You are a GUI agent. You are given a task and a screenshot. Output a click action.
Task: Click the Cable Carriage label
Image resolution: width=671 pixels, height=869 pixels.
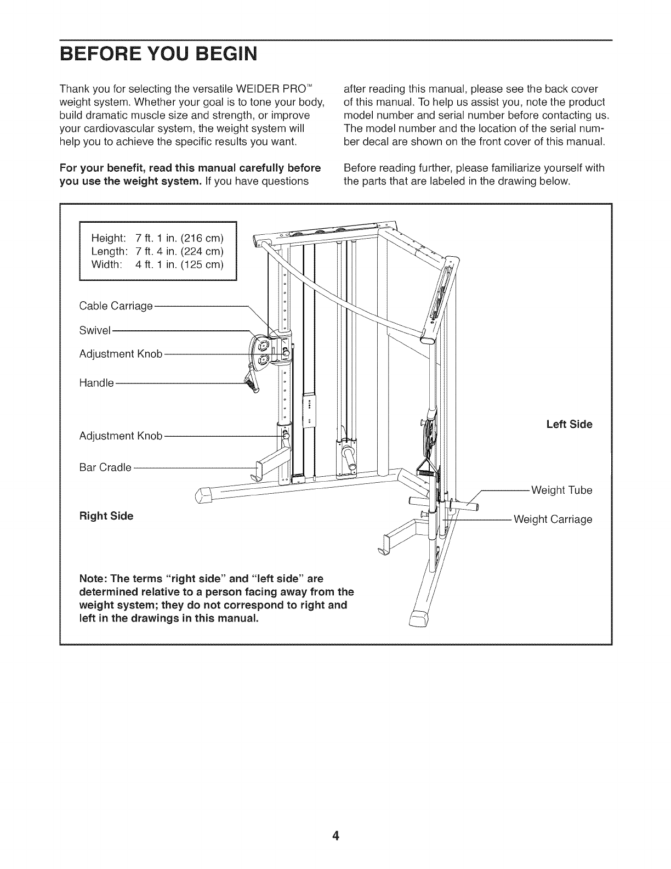pyautogui.click(x=116, y=306)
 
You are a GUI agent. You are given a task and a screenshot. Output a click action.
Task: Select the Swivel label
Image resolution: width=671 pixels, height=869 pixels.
pyautogui.click(x=95, y=330)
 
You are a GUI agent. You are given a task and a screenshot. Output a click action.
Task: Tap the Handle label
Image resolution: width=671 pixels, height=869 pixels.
pyautogui.click(x=96, y=383)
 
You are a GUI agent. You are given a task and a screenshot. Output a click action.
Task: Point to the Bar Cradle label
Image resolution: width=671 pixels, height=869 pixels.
pyautogui.click(x=105, y=467)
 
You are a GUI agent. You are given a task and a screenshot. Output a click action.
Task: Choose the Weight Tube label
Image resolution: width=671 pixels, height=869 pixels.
pyautogui.click(x=562, y=490)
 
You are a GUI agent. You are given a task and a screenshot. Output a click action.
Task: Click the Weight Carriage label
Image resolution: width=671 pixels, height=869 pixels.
pyautogui.click(x=553, y=519)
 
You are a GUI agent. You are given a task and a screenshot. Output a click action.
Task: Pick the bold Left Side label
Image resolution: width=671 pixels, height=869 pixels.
pyautogui.click(x=569, y=425)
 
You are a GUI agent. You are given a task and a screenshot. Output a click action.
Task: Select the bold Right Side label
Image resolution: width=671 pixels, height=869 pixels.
pyautogui.click(x=106, y=516)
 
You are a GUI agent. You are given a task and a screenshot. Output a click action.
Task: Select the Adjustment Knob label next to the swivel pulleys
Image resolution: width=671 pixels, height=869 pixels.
pyautogui.click(x=121, y=354)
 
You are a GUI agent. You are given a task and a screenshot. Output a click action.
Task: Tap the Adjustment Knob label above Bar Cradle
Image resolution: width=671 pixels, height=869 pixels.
pyautogui.click(x=121, y=436)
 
